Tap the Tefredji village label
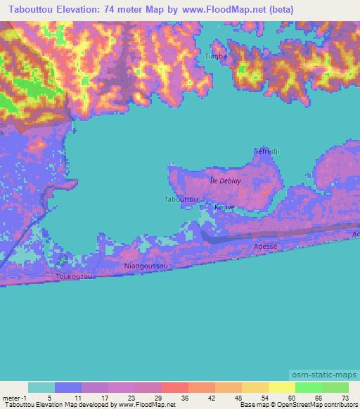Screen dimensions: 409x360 268,151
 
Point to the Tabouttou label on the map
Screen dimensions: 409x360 180,200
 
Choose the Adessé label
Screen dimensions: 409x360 266,247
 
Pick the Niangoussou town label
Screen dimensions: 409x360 146,267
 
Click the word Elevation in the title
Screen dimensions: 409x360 91,10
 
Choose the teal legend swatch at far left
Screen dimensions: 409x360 41,387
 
